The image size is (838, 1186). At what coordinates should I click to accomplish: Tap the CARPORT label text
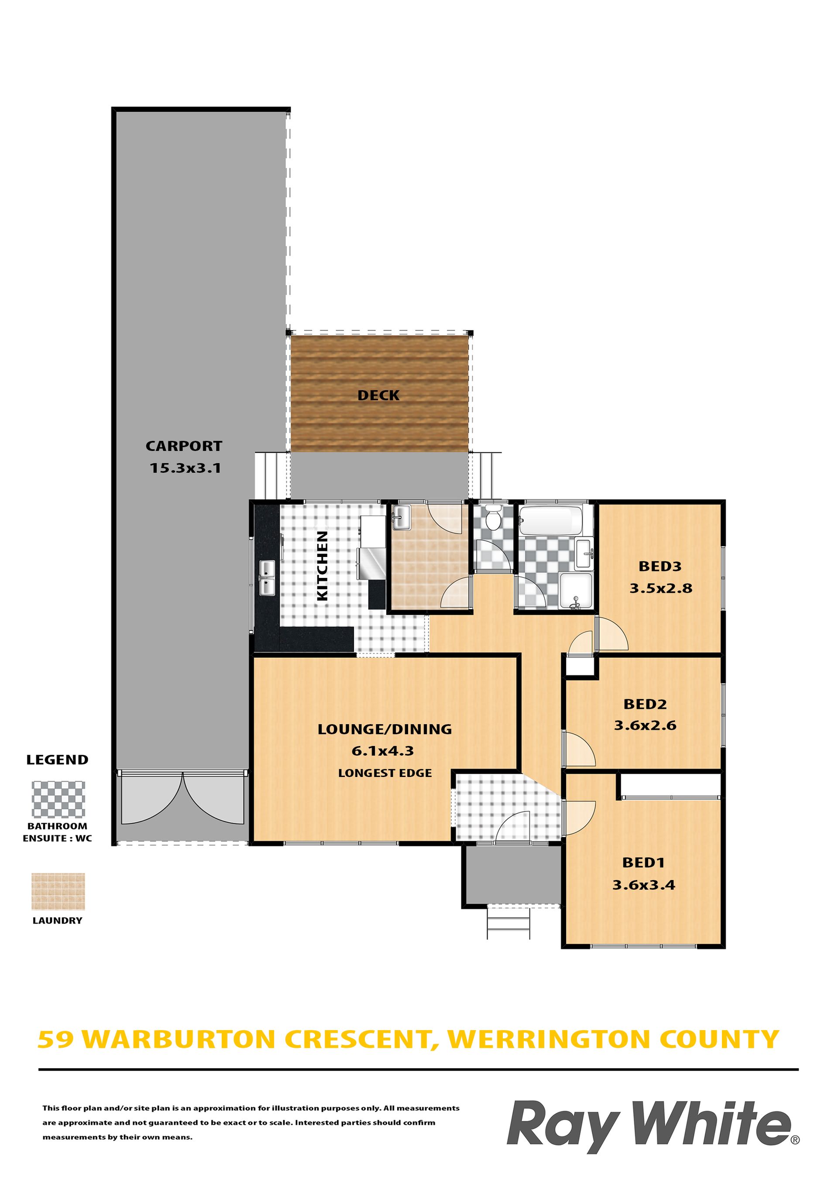[x=184, y=446]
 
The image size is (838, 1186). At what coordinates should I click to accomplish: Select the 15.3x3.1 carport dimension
[x=185, y=468]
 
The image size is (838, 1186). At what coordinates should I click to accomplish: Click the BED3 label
[x=660, y=566]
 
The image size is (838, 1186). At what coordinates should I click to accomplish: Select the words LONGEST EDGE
[x=385, y=773]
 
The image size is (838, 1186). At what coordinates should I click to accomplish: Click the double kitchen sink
[x=267, y=578]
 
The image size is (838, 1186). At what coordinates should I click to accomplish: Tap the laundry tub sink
[x=401, y=518]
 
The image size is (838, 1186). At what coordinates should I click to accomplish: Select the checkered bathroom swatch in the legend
[x=58, y=800]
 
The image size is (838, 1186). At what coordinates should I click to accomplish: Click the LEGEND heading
[x=57, y=760]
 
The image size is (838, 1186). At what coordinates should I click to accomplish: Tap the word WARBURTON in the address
[x=183, y=1039]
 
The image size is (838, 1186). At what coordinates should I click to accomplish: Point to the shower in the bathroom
[x=576, y=591]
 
